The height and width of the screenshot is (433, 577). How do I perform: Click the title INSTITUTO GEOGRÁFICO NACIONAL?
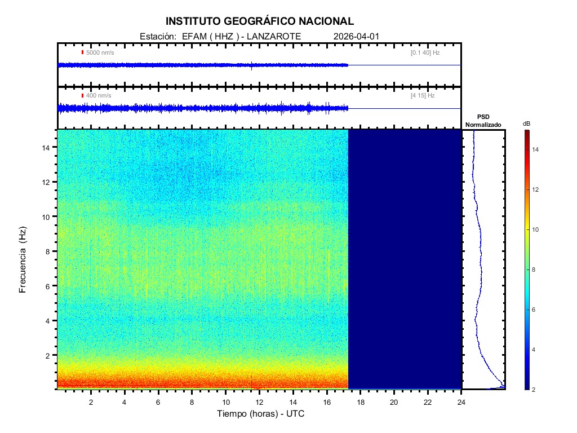pos(259,21)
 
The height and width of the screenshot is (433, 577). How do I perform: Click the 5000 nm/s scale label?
pos(100,52)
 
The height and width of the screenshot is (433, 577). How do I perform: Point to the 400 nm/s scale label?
pos(98,95)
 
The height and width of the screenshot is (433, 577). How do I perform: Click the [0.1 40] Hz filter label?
pos(425,52)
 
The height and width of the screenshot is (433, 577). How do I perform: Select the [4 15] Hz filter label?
pos(423,95)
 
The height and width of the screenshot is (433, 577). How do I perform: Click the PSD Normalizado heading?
pos(483,120)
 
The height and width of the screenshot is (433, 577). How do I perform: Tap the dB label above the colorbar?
pos(526,123)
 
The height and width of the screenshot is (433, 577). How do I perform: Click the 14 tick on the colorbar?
pos(537,149)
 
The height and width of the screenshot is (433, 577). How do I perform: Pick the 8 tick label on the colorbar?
pos(535,269)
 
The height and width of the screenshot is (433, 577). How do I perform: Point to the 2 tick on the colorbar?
pos(535,389)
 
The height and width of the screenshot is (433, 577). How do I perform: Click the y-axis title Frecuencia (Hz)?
pos(23,259)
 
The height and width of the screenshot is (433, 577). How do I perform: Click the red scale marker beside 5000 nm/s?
pos(82,52)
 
